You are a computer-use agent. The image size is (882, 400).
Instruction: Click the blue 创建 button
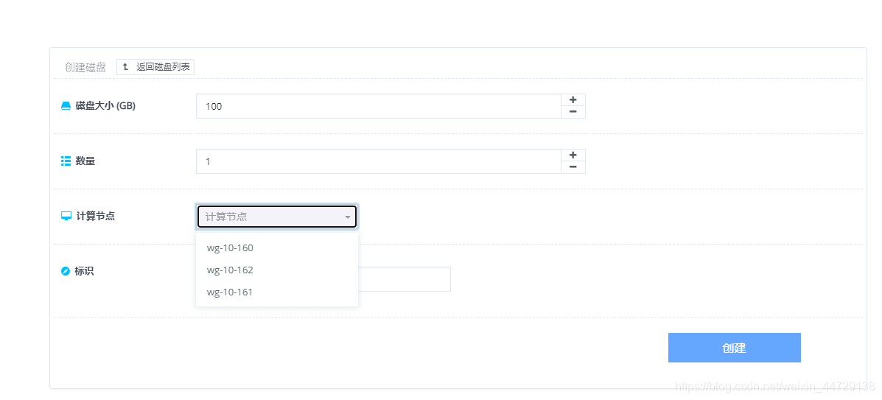click(x=734, y=348)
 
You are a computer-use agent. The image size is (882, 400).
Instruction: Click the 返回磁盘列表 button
click(x=155, y=67)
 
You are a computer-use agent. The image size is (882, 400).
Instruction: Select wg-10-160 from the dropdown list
click(x=230, y=248)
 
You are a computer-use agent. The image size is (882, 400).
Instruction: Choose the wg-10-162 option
click(x=230, y=270)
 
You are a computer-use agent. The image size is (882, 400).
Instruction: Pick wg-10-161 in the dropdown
click(x=230, y=292)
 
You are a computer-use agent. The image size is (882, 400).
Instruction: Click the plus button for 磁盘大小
click(x=573, y=100)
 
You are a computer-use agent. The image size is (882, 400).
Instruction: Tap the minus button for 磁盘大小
click(x=573, y=112)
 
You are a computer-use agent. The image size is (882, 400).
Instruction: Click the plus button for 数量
click(x=573, y=155)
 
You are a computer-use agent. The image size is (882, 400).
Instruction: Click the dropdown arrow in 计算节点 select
click(x=348, y=217)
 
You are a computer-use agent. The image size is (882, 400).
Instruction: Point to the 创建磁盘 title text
click(x=85, y=67)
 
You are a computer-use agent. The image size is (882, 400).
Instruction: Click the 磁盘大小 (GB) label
click(x=105, y=106)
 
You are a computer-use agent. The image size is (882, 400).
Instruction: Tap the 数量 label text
click(x=85, y=161)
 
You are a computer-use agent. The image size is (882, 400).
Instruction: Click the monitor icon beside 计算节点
click(x=66, y=217)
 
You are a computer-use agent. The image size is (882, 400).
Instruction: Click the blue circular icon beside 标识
click(x=65, y=272)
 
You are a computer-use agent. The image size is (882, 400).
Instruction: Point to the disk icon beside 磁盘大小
click(x=66, y=106)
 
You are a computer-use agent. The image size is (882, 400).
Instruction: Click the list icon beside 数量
click(x=66, y=161)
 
